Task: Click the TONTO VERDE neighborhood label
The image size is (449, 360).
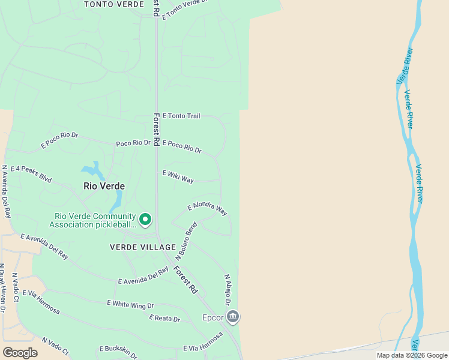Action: tap(114, 4)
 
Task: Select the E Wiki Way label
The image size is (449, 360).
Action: tap(178, 176)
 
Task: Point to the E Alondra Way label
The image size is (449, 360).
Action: tap(207, 208)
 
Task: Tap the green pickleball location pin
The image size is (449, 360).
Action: tap(145, 220)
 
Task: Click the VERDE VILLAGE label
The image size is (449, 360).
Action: tap(143, 247)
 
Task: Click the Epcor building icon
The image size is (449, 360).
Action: tap(234, 316)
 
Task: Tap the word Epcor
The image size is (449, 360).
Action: tap(212, 317)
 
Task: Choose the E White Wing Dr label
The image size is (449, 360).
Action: tap(130, 304)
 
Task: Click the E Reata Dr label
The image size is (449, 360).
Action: tap(164, 318)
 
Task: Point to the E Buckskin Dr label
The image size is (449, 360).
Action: tap(118, 350)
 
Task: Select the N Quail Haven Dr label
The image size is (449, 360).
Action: tap(2, 288)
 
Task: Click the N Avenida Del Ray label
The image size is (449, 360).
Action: tap(5, 191)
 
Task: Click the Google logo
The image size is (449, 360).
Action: tap(20, 352)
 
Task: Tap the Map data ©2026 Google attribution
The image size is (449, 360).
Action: tap(411, 355)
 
